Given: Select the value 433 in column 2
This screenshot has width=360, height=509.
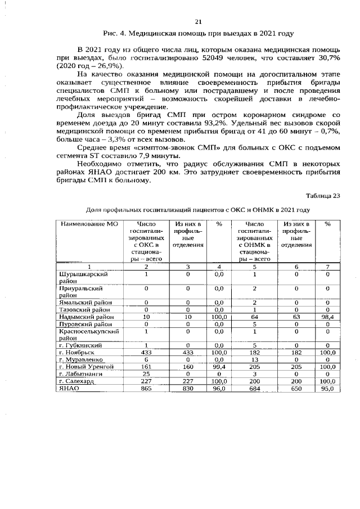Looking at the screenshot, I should (146, 352).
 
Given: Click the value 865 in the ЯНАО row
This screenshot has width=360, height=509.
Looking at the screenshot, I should (146, 388).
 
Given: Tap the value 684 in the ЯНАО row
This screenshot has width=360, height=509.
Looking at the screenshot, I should (255, 388).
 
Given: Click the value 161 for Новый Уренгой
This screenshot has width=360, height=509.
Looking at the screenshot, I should (146, 367).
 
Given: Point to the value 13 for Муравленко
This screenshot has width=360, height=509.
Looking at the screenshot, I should (255, 359).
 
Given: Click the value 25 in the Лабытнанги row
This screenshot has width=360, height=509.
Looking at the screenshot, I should (146, 373).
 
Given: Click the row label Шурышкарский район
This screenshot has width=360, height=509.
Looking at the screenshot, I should (83, 277).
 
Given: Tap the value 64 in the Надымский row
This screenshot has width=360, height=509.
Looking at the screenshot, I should (255, 317).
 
